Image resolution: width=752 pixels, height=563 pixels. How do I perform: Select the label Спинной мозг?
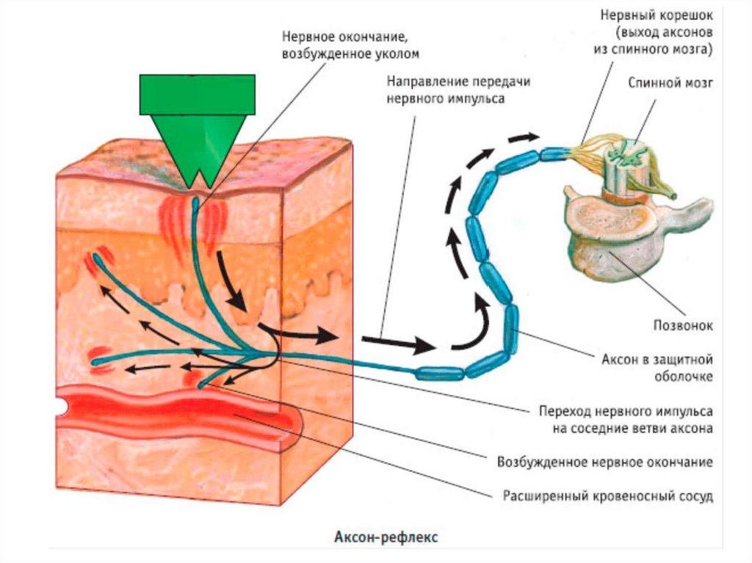pos(670,83)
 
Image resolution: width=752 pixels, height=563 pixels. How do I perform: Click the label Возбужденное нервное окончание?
pos(606,462)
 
